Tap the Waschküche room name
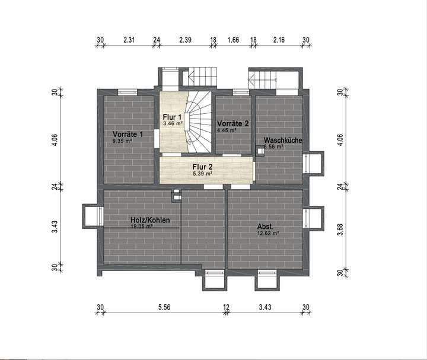click(x=283, y=140)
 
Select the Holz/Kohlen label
click(x=150, y=220)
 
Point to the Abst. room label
click(x=265, y=227)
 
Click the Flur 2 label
click(x=202, y=167)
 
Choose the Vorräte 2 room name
click(x=232, y=123)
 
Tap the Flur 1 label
click(x=172, y=117)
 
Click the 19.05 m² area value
click(x=142, y=227)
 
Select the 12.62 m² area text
click(x=267, y=234)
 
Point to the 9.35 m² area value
click(x=122, y=141)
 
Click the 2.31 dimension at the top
click(x=129, y=40)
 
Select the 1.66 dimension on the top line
click(x=233, y=40)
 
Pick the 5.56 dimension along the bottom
click(x=164, y=307)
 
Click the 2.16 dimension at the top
click(x=279, y=40)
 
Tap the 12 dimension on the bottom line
click(x=226, y=307)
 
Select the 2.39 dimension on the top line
click(x=185, y=40)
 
